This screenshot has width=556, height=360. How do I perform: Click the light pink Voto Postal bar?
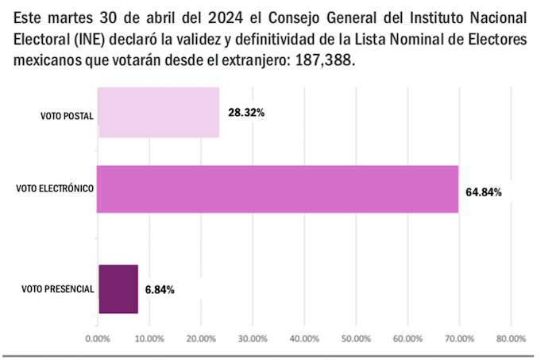click(x=158, y=113)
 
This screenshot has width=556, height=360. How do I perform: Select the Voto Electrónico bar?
click(x=277, y=189)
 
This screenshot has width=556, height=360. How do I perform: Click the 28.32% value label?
click(x=246, y=113)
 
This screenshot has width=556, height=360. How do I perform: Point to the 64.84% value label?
click(x=483, y=192)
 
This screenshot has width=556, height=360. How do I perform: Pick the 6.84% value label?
click(x=160, y=289)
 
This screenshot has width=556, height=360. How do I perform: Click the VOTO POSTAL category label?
click(x=67, y=116)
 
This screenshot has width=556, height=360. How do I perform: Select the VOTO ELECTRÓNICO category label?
click(x=55, y=188)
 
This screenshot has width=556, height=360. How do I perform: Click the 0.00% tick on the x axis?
click(x=97, y=339)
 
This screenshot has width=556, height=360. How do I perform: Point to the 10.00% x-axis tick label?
click(x=149, y=339)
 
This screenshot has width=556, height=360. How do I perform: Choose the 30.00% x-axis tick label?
click(x=252, y=339)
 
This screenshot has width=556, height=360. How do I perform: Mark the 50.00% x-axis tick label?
click(x=355, y=339)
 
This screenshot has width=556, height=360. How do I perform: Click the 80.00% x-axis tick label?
click(x=510, y=339)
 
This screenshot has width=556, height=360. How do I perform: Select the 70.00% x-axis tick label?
click(x=458, y=339)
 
